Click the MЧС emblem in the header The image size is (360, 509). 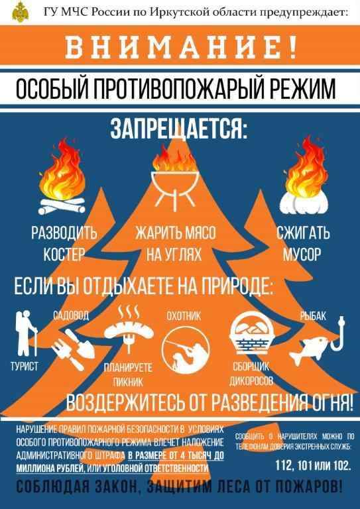tap(20, 12)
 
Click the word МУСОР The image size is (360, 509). tap(302, 254)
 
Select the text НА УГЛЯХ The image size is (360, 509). tap(174, 254)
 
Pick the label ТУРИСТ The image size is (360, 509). tap(25, 367)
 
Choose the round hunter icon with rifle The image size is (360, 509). tap(186, 350)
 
